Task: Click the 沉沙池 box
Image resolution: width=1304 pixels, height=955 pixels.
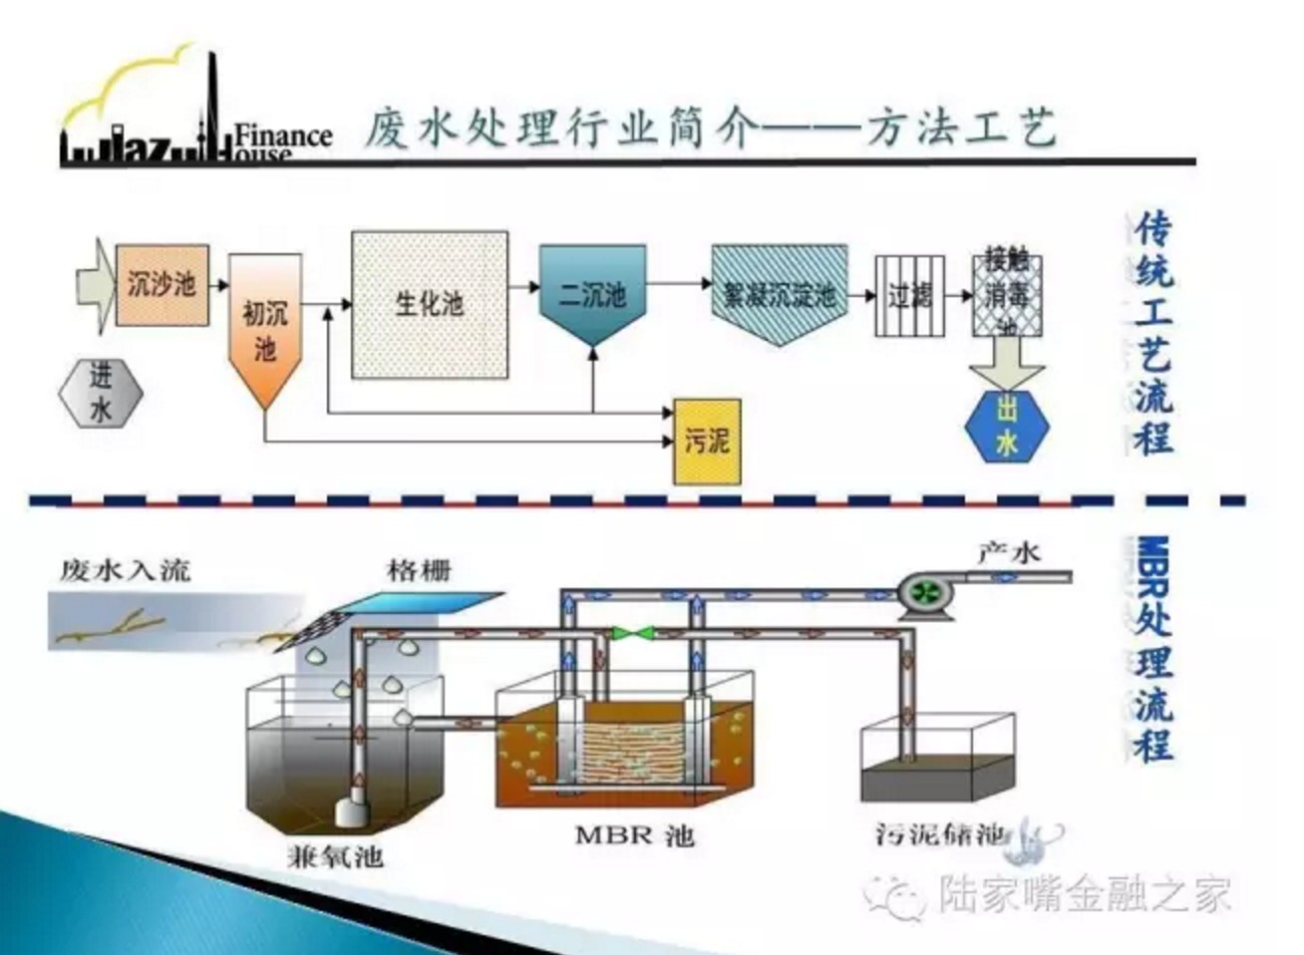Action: point(163,285)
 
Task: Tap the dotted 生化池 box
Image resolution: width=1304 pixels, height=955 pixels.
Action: point(430,303)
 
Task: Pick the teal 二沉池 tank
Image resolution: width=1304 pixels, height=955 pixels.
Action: point(592,292)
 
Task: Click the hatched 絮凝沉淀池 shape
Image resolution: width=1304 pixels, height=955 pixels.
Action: point(780,293)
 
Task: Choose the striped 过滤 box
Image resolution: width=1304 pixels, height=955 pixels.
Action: point(908,295)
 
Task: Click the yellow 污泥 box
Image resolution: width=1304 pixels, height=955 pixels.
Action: point(707,441)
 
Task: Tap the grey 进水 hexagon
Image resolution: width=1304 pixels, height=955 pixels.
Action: point(101,393)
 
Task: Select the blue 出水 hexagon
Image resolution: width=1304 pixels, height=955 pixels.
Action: point(1007,427)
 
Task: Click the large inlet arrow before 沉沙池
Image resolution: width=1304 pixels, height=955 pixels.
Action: point(94,285)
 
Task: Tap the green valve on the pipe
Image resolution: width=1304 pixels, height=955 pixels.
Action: point(631,632)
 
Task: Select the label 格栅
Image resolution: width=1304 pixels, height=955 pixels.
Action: point(419,570)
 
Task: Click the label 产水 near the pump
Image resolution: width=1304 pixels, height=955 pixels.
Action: point(1008,551)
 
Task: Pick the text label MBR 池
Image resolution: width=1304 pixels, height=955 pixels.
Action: point(634,835)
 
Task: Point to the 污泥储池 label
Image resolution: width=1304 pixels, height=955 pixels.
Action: point(940,833)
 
